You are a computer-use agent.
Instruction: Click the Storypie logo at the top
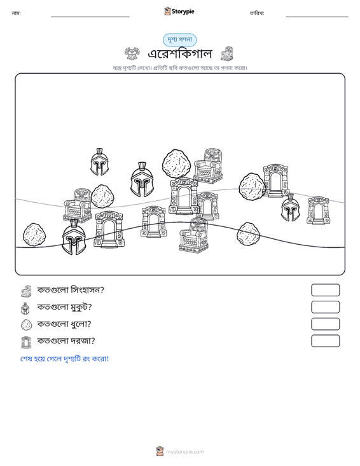tap(179, 11)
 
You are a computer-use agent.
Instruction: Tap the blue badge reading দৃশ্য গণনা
tap(179, 40)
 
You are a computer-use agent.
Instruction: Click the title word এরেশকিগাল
tap(180, 54)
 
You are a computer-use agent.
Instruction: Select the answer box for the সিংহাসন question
tap(325, 290)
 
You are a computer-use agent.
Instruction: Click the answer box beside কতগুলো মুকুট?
tap(325, 307)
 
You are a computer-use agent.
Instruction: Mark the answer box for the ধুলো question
tap(325, 324)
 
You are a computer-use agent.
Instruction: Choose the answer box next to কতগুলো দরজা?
tap(325, 341)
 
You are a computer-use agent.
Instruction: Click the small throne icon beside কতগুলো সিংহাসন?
tap(26, 291)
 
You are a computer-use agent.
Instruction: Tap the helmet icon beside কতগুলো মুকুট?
tap(25, 308)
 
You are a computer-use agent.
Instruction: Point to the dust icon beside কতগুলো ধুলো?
tap(27, 324)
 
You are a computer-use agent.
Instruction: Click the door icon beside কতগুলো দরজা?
tap(26, 342)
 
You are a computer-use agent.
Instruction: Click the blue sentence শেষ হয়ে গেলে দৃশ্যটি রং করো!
tap(64, 359)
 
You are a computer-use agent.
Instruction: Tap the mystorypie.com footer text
tap(185, 452)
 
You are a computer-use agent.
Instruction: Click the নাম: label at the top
tap(16, 13)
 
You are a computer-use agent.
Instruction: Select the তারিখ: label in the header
tap(257, 13)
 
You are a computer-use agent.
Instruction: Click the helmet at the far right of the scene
tap(291, 208)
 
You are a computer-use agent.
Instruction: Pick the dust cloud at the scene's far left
tap(34, 235)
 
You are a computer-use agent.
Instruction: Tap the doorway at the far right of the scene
tap(318, 210)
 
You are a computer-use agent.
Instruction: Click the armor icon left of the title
tap(132, 53)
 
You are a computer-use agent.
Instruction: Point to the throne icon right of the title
tap(227, 53)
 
